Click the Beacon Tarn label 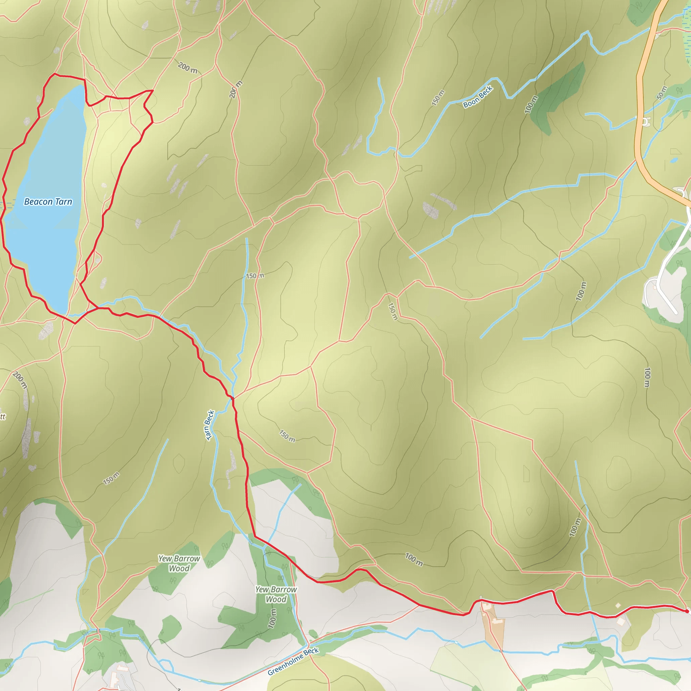tap(48, 202)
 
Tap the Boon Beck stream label tap(477, 97)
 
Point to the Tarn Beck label tap(210, 425)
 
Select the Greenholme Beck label tap(293, 661)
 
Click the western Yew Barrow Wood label tap(179, 563)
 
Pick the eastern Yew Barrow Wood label tap(276, 594)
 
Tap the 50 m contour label tap(662, 93)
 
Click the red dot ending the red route tap(687, 611)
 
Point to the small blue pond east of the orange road tap(673, 160)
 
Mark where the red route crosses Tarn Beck tap(232, 397)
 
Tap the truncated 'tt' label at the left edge tap(2, 417)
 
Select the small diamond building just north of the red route tap(618, 606)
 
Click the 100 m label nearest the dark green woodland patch tap(531, 105)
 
